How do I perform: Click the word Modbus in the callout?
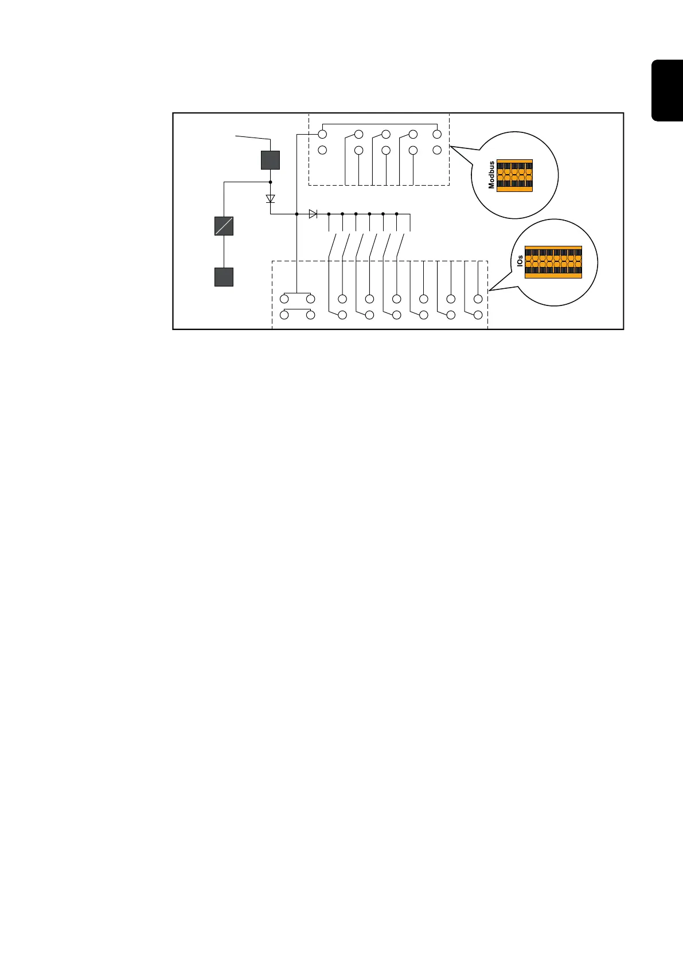491,175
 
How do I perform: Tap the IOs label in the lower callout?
520,262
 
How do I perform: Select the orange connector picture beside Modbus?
514,175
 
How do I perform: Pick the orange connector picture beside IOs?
553,262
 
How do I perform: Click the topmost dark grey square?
270,160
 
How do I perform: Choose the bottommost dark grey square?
224,277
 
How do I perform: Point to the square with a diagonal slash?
224,226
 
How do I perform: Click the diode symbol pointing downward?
271,199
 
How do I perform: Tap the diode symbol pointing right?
313,214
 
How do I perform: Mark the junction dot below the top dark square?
271,182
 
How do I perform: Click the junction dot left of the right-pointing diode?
296,214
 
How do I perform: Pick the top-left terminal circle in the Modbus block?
322,135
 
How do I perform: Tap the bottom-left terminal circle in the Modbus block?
322,150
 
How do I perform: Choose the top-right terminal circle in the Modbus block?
437,135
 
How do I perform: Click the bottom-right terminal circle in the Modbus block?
437,150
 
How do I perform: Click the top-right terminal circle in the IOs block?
478,299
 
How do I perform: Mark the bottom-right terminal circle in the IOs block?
478,315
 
